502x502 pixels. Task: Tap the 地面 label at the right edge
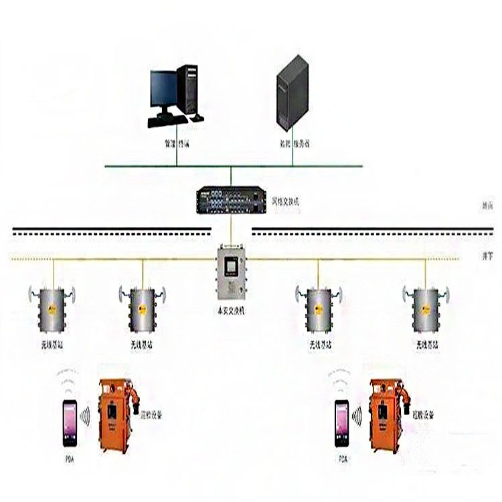click(487, 207)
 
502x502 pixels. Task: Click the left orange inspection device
click(116, 415)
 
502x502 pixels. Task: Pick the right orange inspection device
click(388, 415)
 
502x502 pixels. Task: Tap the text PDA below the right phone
click(343, 460)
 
